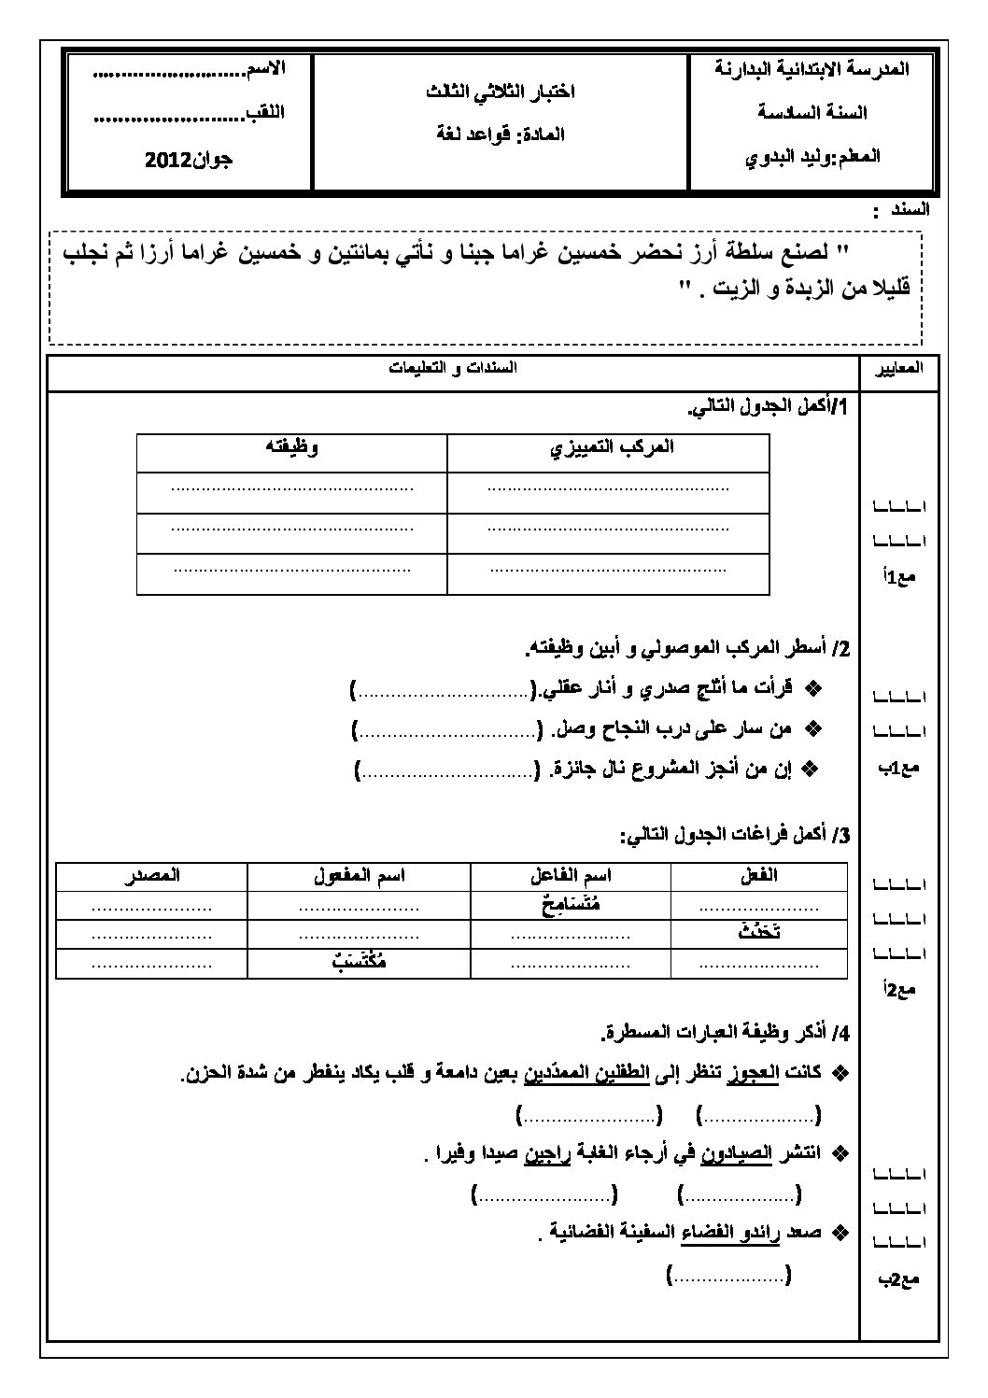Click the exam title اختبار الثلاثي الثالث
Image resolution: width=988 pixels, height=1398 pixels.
[x=501, y=92]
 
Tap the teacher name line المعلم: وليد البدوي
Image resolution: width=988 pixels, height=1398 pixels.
[x=813, y=156]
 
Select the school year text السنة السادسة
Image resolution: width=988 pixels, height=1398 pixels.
[x=812, y=112]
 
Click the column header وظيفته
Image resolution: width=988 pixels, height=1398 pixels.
[x=292, y=447]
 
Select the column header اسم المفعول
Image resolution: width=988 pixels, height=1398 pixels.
[x=360, y=876]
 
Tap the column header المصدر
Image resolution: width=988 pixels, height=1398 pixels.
[x=152, y=876]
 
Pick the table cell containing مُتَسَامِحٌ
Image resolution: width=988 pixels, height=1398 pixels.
[x=571, y=904]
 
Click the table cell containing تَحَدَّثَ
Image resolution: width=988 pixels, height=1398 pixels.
[x=757, y=932]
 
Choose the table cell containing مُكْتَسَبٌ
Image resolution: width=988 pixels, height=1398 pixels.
[x=360, y=961]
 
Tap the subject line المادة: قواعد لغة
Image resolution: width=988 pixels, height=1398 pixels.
[x=501, y=134]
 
